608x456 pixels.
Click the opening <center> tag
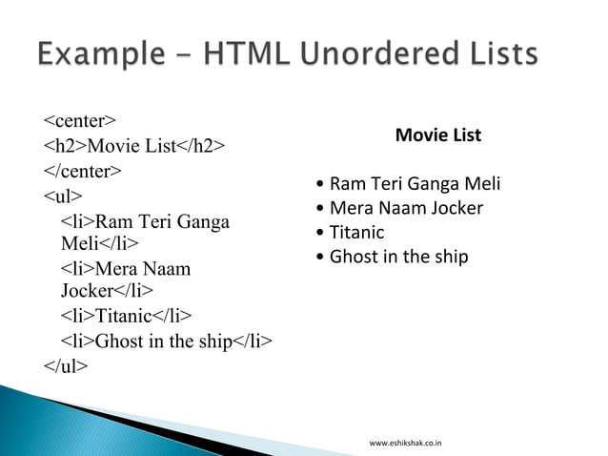pos(80,120)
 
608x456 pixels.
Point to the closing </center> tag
pos(83,172)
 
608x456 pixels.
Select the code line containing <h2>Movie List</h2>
pos(134,146)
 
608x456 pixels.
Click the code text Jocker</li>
pos(108,291)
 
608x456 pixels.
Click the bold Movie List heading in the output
pos(437,136)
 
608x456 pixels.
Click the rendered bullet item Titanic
pos(356,232)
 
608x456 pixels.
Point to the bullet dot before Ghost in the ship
pos(321,258)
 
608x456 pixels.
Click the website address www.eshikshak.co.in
pos(412,443)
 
